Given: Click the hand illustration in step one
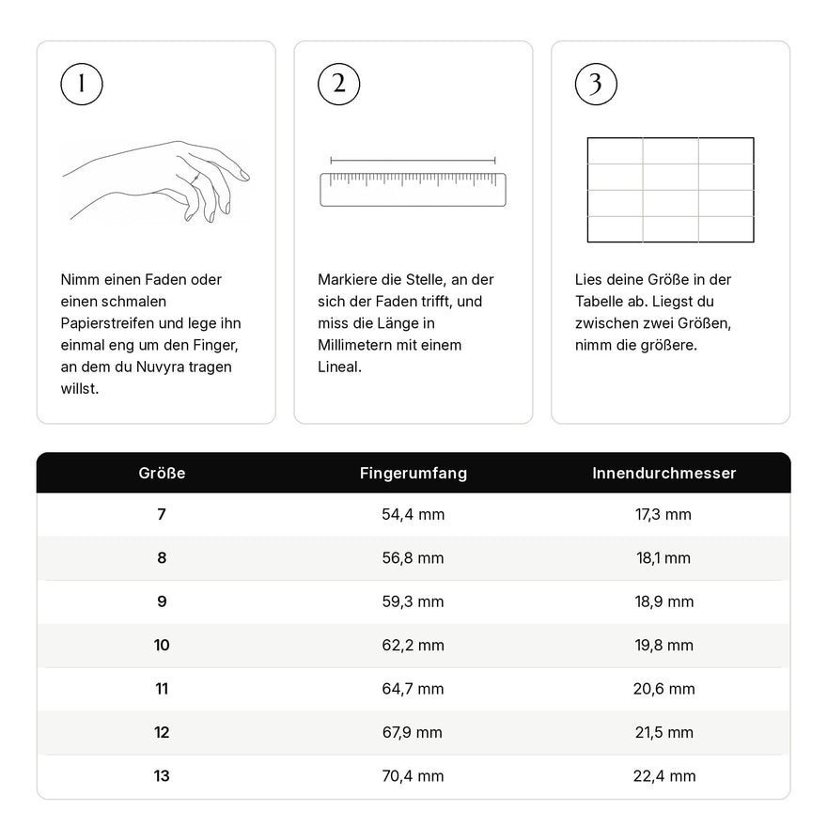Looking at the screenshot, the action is (156, 180).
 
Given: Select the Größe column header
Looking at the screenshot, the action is (162, 473).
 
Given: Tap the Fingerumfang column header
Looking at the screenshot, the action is (413, 473).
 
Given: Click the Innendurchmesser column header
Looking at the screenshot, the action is (664, 473).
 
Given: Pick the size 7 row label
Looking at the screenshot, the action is (162, 514).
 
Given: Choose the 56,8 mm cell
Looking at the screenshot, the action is (413, 558).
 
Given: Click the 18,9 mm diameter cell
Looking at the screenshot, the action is (664, 601).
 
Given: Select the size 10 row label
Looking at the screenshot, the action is (162, 645).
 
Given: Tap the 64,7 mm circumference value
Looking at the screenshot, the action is (413, 689).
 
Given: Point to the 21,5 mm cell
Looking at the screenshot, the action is (664, 733).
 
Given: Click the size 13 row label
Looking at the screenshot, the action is (162, 776).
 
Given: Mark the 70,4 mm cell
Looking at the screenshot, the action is (413, 776).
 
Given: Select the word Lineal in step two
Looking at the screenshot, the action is (339, 367).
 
